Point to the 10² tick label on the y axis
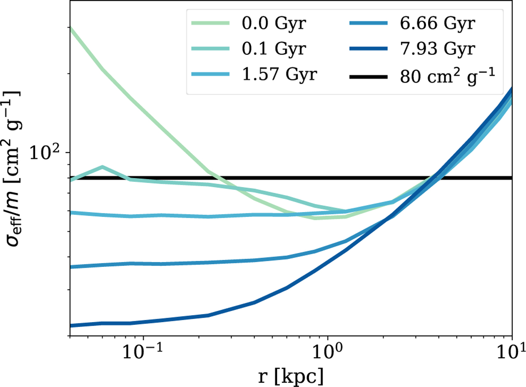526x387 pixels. (x=46, y=152)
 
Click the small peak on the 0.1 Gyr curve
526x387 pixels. (x=102, y=167)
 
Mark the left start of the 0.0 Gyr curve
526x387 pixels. (x=70, y=27)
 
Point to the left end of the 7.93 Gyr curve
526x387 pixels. (x=70, y=326)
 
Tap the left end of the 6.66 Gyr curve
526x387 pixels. (x=70, y=266)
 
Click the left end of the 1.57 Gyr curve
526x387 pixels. (x=70, y=213)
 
